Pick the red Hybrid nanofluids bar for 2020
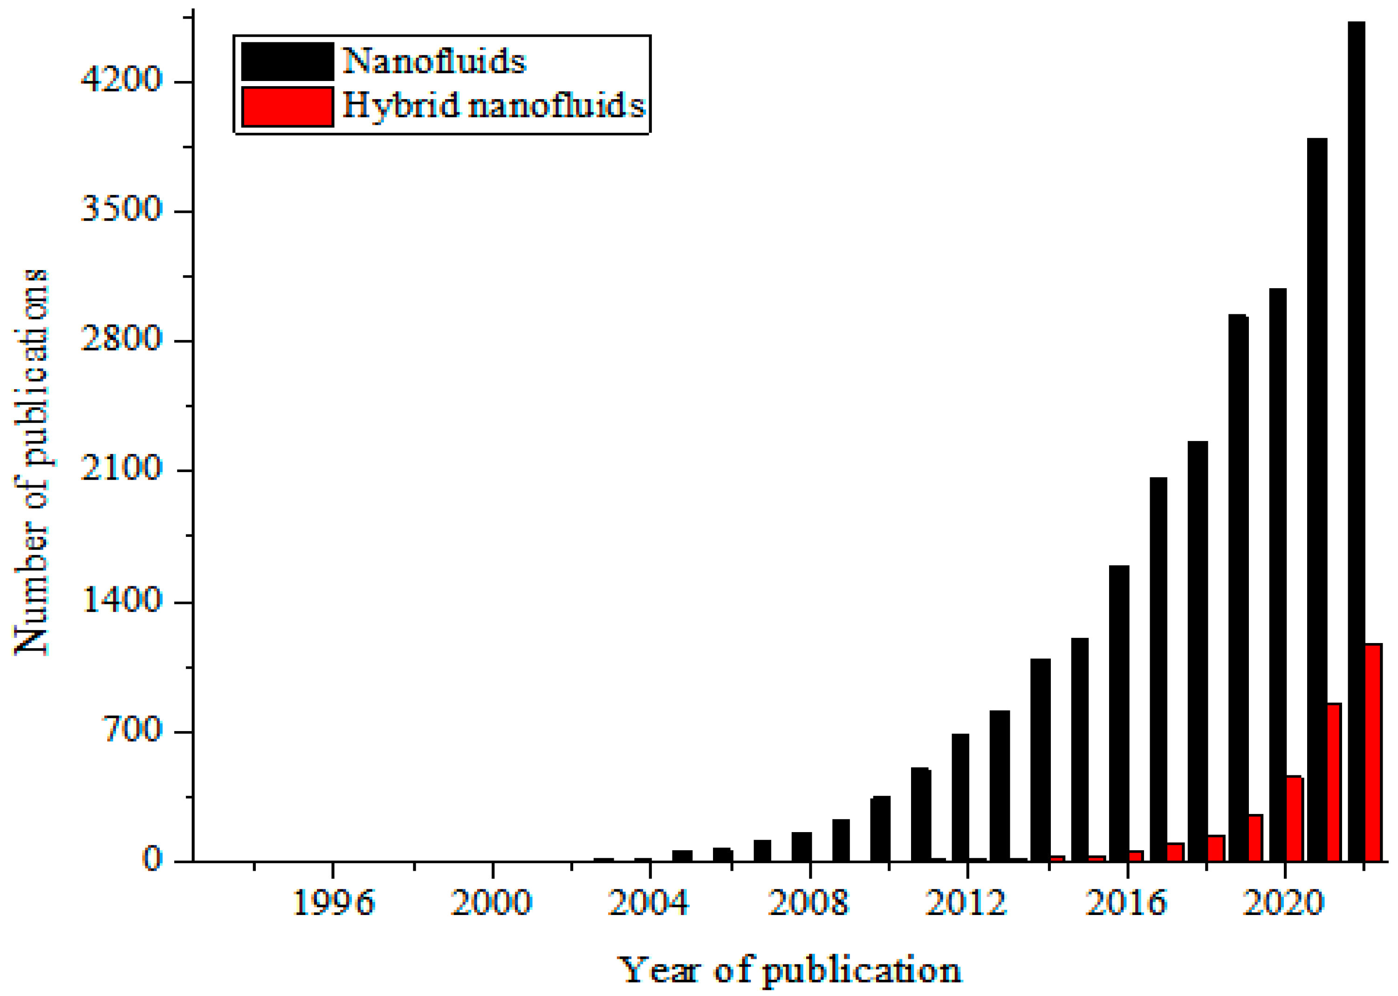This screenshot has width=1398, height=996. coord(1294,819)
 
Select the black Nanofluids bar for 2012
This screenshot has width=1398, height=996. coord(960,797)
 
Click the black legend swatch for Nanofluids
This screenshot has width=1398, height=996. coord(287,61)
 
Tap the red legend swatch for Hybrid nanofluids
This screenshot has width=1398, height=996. coord(287,107)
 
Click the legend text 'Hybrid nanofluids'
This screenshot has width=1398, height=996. coord(494,106)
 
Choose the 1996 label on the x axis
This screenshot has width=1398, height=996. coord(333,903)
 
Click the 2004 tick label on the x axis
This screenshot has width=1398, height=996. coord(649,903)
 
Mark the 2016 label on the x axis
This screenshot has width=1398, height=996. coord(1126,903)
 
